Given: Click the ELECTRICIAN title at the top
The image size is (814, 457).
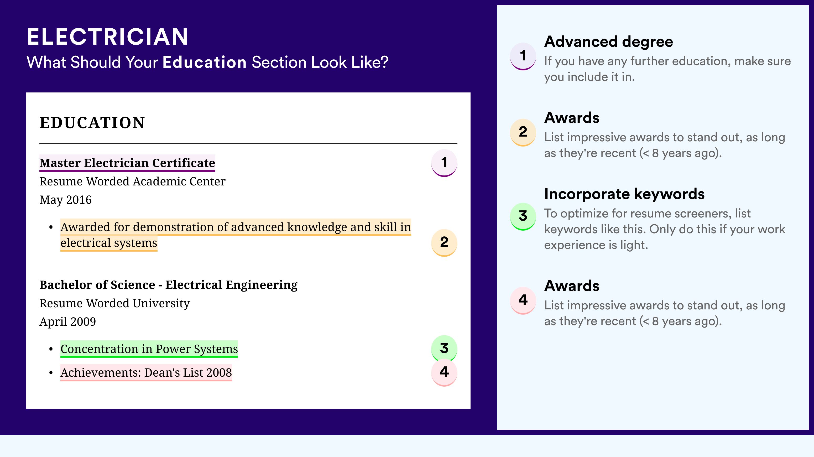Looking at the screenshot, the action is (107, 37).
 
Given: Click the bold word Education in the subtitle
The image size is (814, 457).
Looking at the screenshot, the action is (205, 62).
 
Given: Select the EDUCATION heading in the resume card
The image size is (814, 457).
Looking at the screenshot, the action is (92, 123).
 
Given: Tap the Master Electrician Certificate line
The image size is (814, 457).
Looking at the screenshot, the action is (127, 163).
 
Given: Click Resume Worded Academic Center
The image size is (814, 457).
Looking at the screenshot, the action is (132, 181).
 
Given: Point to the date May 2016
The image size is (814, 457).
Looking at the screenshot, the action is (65, 200).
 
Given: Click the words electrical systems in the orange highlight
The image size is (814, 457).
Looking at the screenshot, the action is (109, 243).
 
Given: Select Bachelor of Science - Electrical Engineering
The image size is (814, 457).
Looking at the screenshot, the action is (168, 285).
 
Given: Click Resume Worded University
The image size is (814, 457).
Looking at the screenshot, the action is (114, 303).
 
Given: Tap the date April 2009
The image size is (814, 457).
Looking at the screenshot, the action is (68, 321).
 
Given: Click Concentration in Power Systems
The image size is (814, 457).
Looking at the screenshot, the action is (149, 349).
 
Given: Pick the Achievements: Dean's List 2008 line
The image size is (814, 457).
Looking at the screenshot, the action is (146, 373).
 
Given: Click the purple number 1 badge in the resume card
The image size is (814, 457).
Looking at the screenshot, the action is (444, 163).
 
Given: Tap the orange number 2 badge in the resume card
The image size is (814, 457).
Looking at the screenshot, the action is (444, 242).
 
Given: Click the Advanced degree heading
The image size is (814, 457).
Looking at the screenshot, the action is (608, 42).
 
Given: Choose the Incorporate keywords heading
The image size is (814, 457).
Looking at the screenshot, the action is (624, 194).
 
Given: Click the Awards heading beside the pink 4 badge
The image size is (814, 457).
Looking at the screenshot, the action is (572, 286).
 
